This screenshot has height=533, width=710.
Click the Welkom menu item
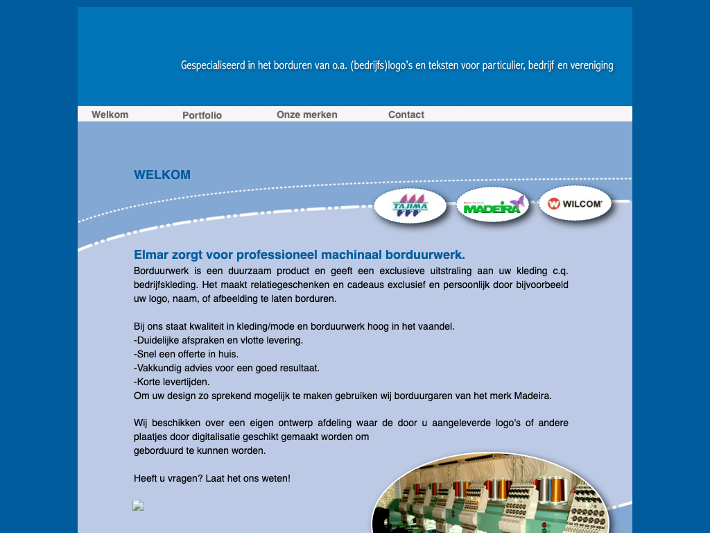(x=110, y=115)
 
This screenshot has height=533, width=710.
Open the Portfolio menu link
(x=202, y=115)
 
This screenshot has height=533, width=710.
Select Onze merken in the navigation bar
(x=306, y=115)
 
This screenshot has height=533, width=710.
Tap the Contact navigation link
(x=406, y=115)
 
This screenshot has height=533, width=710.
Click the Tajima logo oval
(x=410, y=206)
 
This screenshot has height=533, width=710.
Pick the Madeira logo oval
(x=492, y=205)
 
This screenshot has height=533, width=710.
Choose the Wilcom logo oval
(x=575, y=203)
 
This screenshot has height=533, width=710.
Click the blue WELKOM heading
(x=162, y=175)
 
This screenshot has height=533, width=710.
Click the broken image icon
(x=138, y=505)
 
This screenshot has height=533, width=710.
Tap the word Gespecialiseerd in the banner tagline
(x=213, y=65)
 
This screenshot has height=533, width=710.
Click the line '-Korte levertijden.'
(x=171, y=382)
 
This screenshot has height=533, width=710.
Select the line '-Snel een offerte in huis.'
(x=176, y=354)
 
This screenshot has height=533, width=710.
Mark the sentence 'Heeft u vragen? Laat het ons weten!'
(x=211, y=478)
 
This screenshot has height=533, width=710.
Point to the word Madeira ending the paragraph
(x=532, y=396)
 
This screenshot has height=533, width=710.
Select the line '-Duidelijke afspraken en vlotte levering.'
(x=218, y=340)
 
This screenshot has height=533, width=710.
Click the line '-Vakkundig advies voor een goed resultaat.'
(x=226, y=368)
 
